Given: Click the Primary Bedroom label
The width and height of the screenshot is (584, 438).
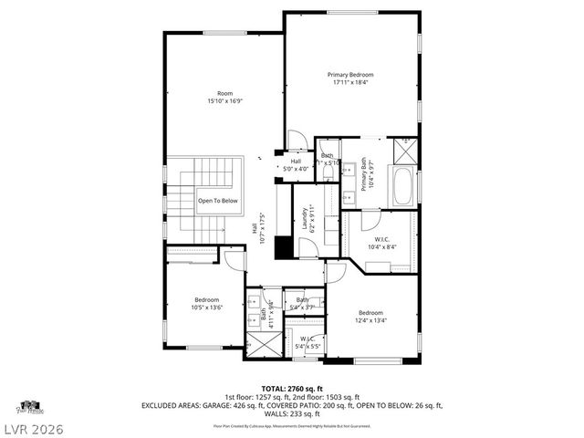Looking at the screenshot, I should click(x=350, y=75).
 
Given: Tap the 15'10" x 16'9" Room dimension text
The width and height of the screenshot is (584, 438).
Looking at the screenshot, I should click(x=224, y=102).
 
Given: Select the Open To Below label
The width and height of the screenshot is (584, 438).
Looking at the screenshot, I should click(x=217, y=201).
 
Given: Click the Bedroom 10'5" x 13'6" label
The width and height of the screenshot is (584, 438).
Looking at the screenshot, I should click(x=207, y=305).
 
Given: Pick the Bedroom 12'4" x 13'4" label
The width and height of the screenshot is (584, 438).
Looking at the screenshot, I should click(x=371, y=316).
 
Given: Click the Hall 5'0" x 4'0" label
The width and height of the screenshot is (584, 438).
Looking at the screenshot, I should click(x=297, y=165).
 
